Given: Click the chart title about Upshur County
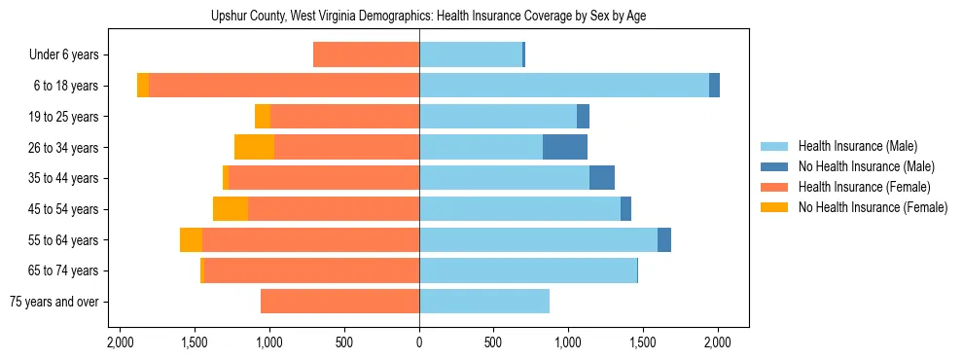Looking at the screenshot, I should tap(428, 17).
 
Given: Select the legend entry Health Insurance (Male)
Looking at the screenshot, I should tap(856, 146).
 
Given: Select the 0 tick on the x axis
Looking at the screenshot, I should tap(419, 342).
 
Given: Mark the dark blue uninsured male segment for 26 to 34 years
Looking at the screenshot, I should tap(565, 147).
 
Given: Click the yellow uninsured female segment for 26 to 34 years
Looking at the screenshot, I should tap(254, 147).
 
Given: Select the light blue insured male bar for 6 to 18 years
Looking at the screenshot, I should tap(564, 86).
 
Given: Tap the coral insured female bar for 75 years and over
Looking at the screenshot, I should tap(339, 302).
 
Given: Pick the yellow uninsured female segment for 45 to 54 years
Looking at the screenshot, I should tap(231, 209).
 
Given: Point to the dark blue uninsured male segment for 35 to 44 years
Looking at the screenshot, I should tap(602, 178).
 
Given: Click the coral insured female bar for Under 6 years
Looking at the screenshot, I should tap(366, 54).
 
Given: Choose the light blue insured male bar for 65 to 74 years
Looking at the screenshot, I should tap(528, 270).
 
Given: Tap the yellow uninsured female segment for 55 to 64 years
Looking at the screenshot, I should tap(191, 239).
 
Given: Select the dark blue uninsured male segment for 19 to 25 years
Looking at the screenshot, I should tap(583, 117).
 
